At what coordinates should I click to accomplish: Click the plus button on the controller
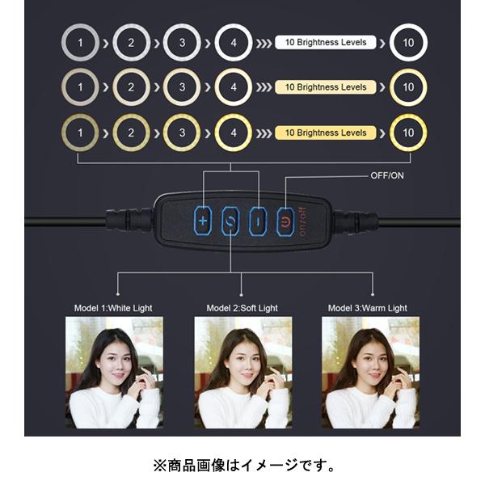click(x=203, y=221)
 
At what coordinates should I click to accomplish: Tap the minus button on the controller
click(x=259, y=221)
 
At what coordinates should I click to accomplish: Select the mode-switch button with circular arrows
click(x=230, y=221)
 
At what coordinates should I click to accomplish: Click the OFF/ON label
click(x=387, y=175)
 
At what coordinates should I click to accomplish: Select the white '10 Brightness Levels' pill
click(x=326, y=42)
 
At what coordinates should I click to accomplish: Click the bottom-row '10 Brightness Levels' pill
click(x=326, y=133)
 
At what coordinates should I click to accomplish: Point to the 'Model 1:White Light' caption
click(x=113, y=308)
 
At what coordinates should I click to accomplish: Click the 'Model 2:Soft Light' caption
click(x=242, y=308)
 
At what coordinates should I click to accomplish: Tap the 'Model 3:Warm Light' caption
click(x=368, y=308)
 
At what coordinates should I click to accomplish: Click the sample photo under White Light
click(x=114, y=373)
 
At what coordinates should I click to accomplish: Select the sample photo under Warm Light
click(x=370, y=373)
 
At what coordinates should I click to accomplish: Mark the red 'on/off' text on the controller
click(x=303, y=221)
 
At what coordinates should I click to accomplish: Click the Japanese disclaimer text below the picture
click(x=244, y=466)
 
